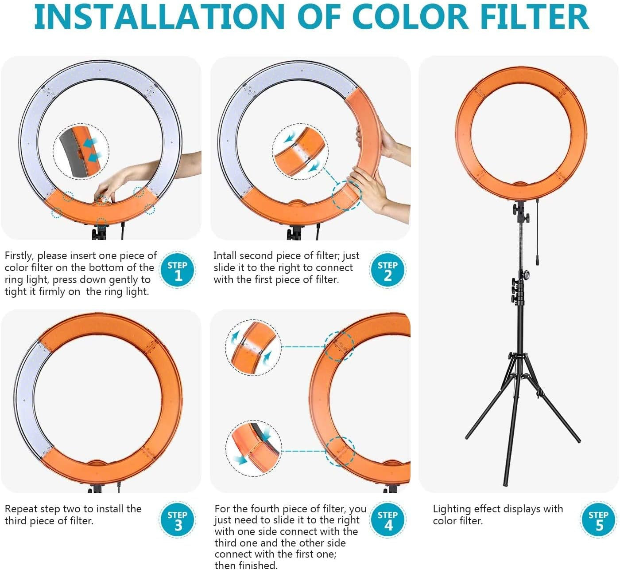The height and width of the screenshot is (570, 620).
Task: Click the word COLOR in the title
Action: pos(410,17)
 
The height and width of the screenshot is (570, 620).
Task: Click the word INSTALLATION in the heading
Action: pos(159,17)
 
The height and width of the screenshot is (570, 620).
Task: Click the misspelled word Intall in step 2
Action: pos(225,256)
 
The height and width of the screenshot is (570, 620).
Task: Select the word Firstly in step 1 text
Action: pos(19,256)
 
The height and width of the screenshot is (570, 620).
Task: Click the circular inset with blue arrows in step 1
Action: pos(81,152)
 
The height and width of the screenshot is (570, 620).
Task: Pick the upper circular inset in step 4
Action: pos(253,347)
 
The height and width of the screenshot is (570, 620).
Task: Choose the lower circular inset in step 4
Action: pos(256,448)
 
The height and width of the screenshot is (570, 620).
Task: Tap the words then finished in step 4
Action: pos(245,565)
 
